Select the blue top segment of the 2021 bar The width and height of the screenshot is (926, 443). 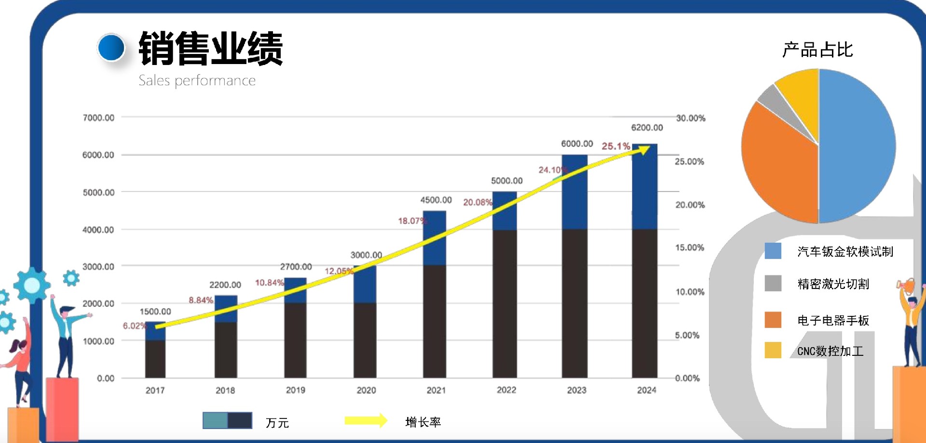[x=435, y=238]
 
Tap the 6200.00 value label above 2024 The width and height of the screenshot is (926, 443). [x=647, y=128]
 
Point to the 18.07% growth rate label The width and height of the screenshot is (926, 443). [x=411, y=221]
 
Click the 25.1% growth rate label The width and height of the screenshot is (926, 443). [x=615, y=146]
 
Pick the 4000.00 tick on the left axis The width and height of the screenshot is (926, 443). [x=98, y=230]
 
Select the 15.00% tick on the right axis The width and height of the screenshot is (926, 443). [x=690, y=248]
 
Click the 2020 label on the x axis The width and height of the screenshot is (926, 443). [x=366, y=390]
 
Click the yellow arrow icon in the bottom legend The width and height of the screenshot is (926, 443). [x=366, y=421]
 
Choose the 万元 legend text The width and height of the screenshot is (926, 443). [x=277, y=423]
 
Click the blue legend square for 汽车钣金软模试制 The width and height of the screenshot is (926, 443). [x=773, y=251]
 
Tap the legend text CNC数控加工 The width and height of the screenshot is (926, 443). [x=830, y=351]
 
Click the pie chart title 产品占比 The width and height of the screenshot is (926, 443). [x=817, y=50]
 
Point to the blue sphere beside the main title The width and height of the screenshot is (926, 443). [x=111, y=47]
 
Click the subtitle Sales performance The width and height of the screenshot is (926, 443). [x=197, y=80]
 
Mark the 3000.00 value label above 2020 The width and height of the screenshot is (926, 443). [x=366, y=255]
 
